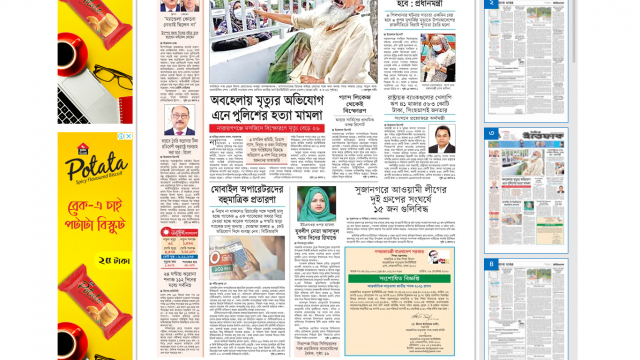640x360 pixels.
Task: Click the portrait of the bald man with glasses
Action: [x=181, y=119]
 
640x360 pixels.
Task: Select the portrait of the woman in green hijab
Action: [x=316, y=205]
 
